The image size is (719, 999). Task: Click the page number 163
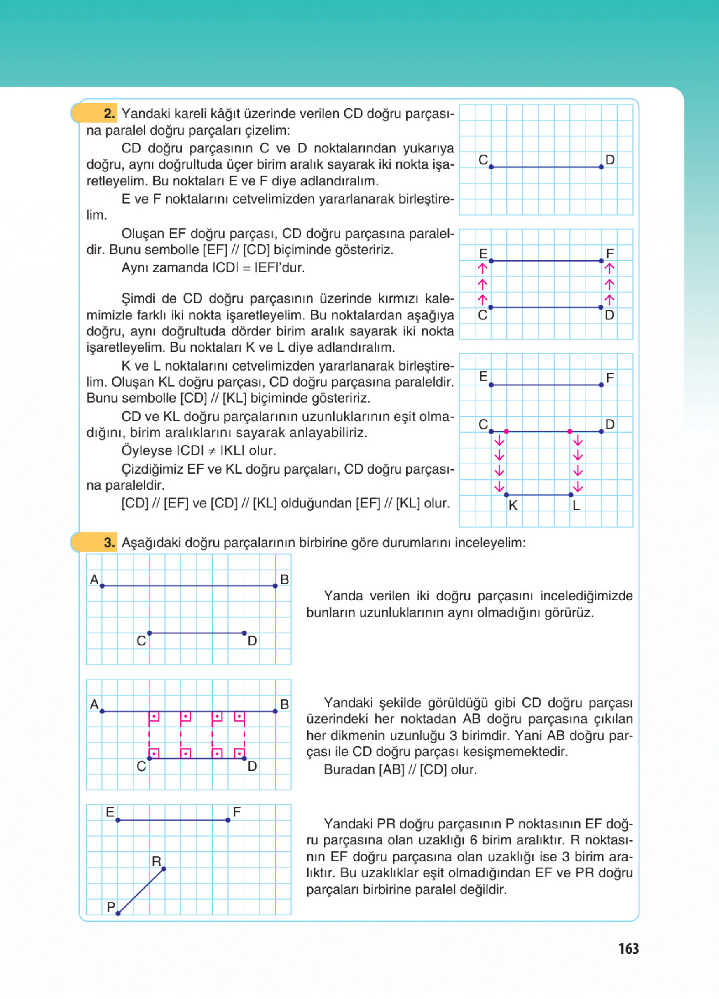628,948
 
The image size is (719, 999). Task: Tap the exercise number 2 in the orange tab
109,114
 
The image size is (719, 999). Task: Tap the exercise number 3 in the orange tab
109,542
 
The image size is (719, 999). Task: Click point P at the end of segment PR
118,914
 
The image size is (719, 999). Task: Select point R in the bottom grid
164,869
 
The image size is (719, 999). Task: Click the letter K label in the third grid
513,506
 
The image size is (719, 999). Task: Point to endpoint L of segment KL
571,495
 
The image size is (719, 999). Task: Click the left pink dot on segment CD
506,431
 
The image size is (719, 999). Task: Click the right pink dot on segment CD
570,431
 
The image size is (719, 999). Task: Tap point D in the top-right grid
601,167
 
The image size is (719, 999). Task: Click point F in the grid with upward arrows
601,261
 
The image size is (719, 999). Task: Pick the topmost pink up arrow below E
482,268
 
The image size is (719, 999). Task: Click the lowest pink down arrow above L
578,487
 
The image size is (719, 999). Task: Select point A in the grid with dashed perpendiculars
102,711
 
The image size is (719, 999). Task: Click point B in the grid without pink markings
275,586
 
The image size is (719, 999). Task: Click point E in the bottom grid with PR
118,820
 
